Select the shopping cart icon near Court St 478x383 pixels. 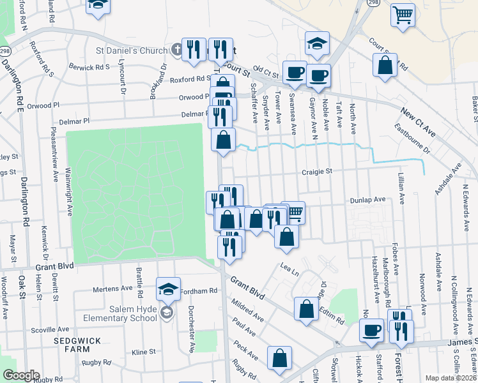[x=403, y=15]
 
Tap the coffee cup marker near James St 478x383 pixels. [x=371, y=330]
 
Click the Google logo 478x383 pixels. [x=21, y=375]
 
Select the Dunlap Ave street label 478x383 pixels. [x=368, y=200]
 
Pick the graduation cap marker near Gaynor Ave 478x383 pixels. [x=317, y=43]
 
